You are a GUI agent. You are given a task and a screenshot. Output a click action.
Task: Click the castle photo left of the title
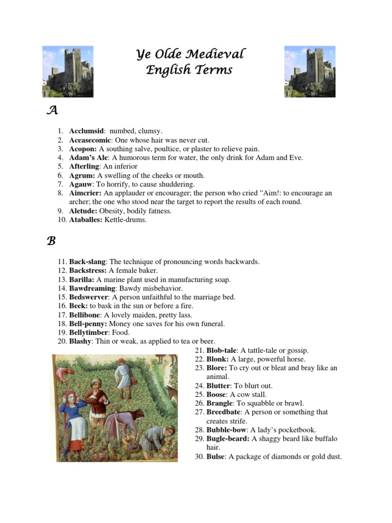[67, 72]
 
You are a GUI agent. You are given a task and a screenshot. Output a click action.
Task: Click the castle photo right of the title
[309, 72]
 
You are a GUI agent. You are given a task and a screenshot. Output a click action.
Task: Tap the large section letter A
[51, 110]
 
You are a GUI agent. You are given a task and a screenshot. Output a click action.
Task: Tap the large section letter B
[51, 241]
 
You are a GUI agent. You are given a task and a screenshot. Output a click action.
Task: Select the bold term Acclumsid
[87, 131]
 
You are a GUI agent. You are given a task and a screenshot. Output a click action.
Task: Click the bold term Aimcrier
[85, 193]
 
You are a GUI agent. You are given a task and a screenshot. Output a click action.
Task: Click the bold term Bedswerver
[89, 297]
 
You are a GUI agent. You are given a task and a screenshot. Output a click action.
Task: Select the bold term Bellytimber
[88, 332]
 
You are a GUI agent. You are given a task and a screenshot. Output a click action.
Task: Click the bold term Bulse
[215, 457]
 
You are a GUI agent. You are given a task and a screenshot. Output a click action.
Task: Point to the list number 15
[62, 297]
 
